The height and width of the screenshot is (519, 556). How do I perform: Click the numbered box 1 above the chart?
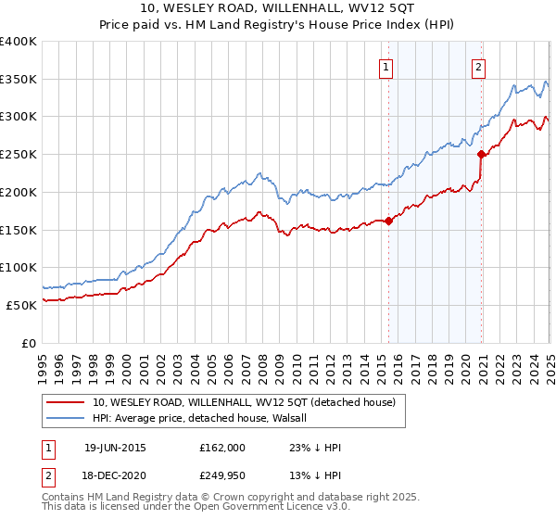[x=385, y=66]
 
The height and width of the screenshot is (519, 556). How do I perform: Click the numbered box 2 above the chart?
[x=478, y=66]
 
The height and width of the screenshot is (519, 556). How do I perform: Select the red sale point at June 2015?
[x=388, y=221]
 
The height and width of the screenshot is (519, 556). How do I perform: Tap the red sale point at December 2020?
[x=482, y=155]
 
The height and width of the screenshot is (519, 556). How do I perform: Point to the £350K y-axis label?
[x=19, y=79]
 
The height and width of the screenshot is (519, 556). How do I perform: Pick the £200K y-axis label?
[x=19, y=192]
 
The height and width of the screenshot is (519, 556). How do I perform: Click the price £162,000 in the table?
[x=221, y=447]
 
